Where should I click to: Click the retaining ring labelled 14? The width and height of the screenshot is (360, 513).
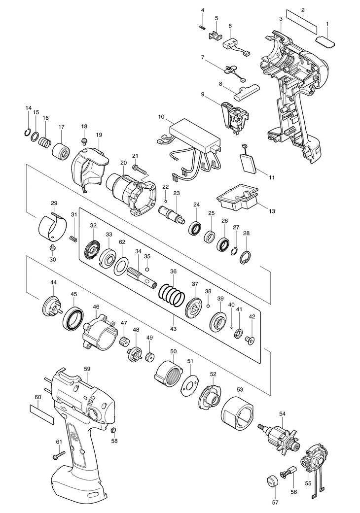[28, 132]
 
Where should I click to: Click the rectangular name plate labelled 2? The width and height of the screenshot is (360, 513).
[302, 21]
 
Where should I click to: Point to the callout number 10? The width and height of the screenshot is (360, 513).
[161, 117]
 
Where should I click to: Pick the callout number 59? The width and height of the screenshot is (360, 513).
[87, 369]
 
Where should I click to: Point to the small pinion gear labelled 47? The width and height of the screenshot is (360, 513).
[124, 342]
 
